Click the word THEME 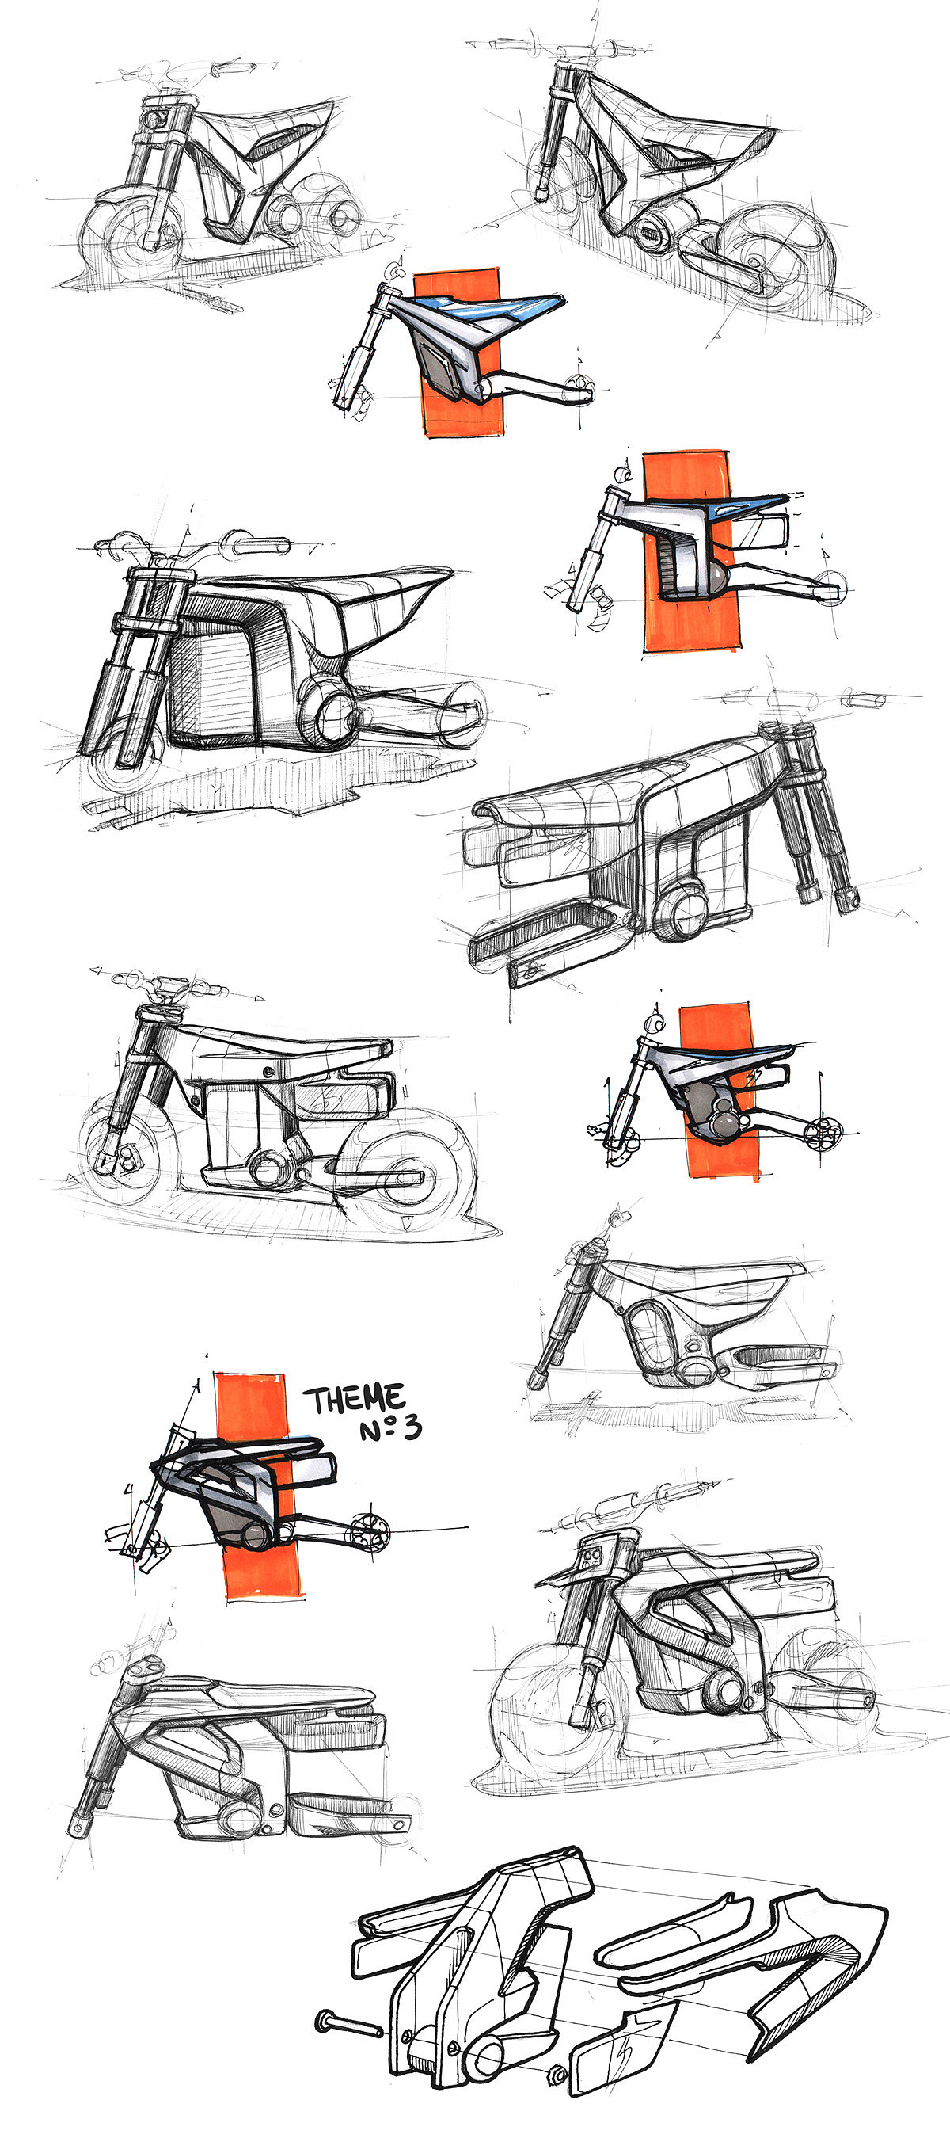[354, 1400]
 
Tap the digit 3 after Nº [412, 1428]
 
